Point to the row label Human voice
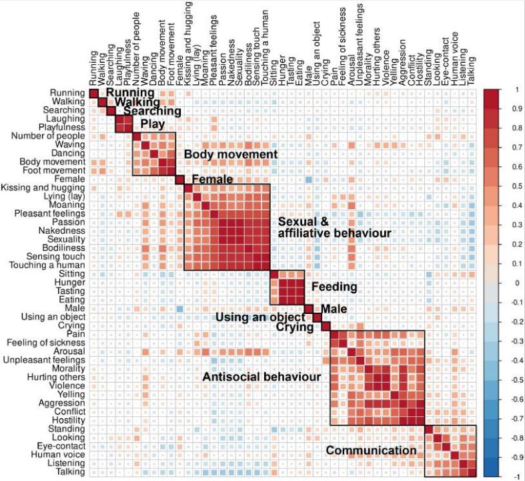tap(61, 454)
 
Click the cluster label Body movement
tap(230, 154)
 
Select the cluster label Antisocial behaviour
tap(261, 377)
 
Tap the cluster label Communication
tap(371, 450)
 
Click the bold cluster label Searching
tap(152, 112)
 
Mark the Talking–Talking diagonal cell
tap(472, 472)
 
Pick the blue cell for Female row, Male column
tap(308, 179)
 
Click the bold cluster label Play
tap(152, 124)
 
